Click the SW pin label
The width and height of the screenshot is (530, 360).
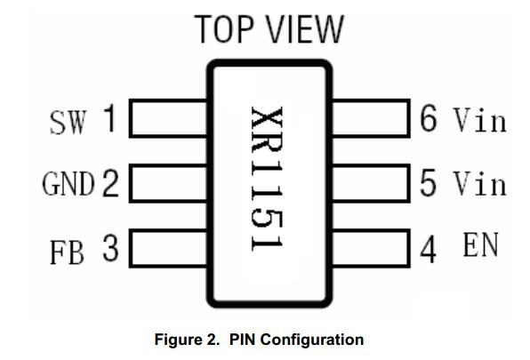coord(68,123)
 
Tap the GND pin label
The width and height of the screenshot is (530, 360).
coord(68,183)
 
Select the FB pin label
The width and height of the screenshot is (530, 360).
coord(67,252)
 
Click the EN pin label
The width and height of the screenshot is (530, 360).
coord(481,244)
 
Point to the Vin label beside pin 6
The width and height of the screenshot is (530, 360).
coord(480,119)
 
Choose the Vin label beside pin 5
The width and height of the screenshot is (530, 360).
coord(480,183)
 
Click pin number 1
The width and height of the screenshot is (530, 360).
coord(110,118)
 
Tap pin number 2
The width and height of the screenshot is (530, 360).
coord(110,183)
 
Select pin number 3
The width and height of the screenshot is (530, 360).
coord(110,248)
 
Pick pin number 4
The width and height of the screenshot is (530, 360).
coord(428,250)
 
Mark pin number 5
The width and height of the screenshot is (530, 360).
coord(428,183)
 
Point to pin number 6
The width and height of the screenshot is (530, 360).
coord(429,118)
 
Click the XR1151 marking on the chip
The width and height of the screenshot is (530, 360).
coord(267,179)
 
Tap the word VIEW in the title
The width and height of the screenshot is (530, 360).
coord(306,29)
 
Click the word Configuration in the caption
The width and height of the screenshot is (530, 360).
coord(312,340)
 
